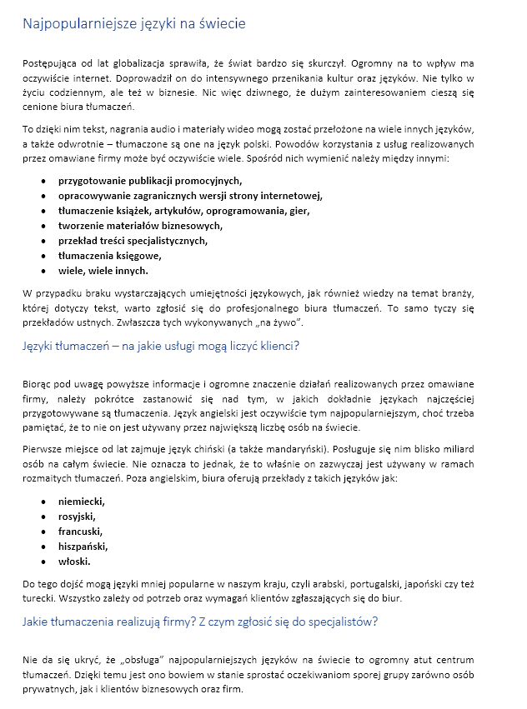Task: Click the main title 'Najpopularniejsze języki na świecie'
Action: click(x=134, y=24)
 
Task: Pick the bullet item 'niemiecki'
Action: click(x=82, y=502)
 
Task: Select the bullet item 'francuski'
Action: click(x=81, y=532)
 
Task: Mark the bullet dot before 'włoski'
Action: click(x=43, y=562)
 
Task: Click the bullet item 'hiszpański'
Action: click(x=83, y=547)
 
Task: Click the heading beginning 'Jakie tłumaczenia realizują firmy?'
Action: click(x=200, y=621)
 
